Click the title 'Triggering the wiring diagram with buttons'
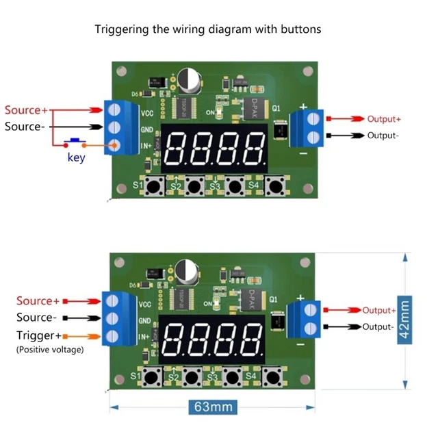pos(207,29)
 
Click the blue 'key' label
pos(76,158)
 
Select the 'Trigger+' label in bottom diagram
pos(38,335)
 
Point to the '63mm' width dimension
pos(212,407)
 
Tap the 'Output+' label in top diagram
pos(384,118)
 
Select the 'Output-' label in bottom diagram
pos(378,326)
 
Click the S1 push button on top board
pos(156,185)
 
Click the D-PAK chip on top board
pos(253,108)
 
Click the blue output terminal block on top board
pos(306,128)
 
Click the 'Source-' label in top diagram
pos(25,127)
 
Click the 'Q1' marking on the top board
pos(276,108)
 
